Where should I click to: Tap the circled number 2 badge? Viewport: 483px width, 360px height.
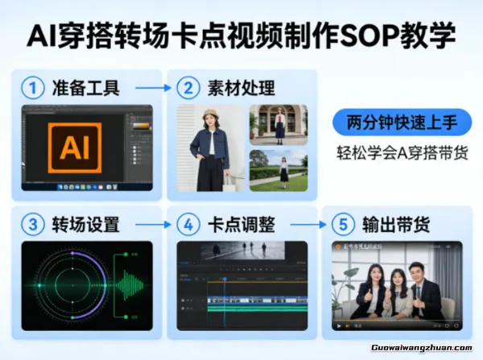187,85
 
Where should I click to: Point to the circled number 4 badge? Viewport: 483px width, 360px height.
187,223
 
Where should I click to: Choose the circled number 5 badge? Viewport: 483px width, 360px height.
341,223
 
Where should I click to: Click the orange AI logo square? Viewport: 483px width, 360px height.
80,147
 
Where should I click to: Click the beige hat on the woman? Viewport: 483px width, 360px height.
212,113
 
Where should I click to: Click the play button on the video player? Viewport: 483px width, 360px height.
339,326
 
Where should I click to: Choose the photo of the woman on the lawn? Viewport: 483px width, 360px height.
279,169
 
